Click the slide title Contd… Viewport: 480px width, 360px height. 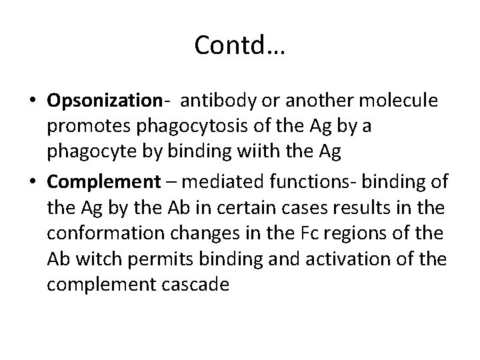tap(239, 45)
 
